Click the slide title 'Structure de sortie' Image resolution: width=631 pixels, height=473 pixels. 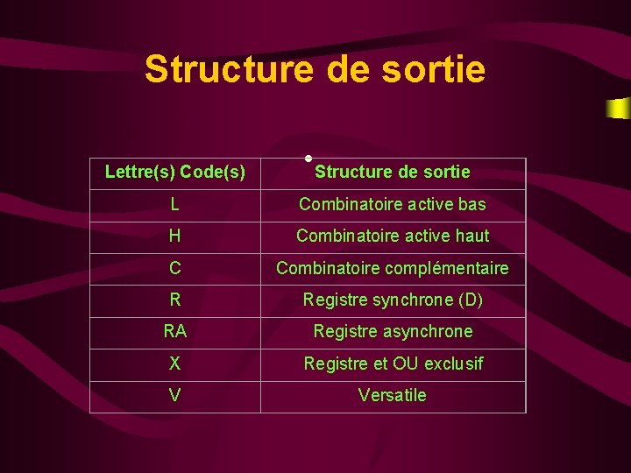click(315, 68)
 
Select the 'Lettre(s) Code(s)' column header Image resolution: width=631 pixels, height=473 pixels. click(175, 172)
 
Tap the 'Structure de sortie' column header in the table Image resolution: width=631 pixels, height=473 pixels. click(392, 172)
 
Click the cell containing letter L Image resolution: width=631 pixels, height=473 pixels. click(175, 205)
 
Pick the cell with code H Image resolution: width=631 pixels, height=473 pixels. click(175, 236)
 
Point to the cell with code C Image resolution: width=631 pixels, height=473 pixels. click(175, 269)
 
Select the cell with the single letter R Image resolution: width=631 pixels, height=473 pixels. click(175, 300)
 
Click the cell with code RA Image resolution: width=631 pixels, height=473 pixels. click(175, 332)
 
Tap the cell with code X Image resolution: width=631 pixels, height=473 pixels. click(175, 364)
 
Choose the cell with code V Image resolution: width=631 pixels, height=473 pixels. click(175, 396)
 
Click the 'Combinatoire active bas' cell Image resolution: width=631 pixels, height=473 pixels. click(392, 205)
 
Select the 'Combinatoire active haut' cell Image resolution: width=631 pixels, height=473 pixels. click(392, 236)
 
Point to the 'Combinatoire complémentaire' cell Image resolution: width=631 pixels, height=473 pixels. click(392, 269)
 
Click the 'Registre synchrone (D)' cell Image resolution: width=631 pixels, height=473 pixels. click(392, 300)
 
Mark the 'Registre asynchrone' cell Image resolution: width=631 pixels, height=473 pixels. click(392, 332)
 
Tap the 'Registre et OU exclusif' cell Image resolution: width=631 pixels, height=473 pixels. click(392, 364)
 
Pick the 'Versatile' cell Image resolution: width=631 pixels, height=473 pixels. click(392, 396)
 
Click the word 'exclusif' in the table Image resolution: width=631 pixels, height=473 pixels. click(453, 364)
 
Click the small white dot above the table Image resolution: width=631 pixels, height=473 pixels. click(308, 158)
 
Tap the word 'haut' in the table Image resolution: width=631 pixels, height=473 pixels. click(471, 236)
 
